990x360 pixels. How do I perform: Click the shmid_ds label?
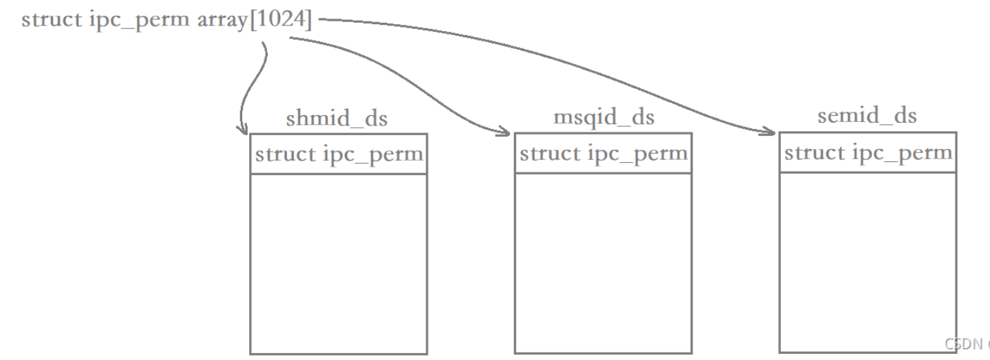click(x=337, y=119)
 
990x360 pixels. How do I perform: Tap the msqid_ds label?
click(x=604, y=117)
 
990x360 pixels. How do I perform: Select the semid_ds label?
click(x=867, y=116)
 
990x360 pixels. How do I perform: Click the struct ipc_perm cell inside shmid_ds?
click(x=338, y=154)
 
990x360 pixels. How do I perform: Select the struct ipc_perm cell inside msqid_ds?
click(x=603, y=153)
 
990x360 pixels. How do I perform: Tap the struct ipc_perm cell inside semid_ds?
click(x=867, y=152)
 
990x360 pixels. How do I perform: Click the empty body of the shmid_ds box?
click(x=338, y=262)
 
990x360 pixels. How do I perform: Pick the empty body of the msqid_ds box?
click(x=603, y=262)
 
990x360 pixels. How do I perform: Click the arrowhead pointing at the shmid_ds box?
click(x=242, y=128)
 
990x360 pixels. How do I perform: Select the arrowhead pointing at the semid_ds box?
click(x=769, y=130)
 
